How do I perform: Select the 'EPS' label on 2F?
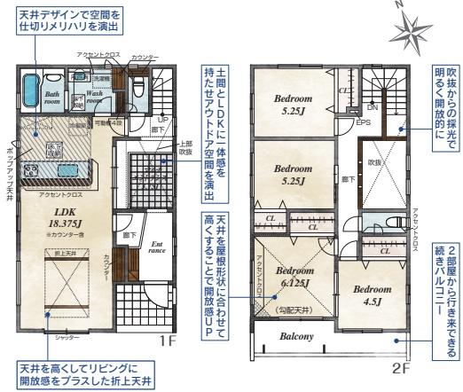pos(364,122)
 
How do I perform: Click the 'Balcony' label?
pos(297,336)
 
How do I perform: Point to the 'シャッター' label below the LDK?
pos(69,339)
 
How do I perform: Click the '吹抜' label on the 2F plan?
pos(374,163)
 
